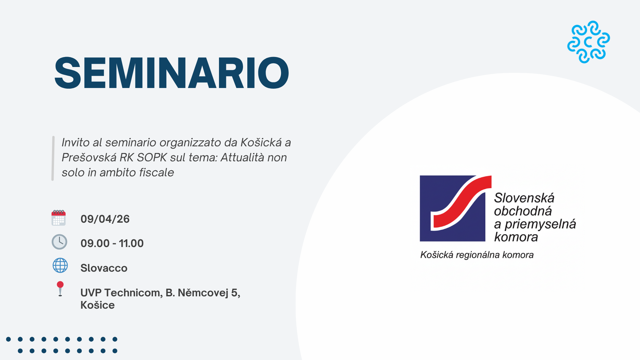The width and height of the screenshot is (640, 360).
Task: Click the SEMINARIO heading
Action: click(172, 73)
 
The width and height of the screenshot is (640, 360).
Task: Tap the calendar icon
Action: click(59, 218)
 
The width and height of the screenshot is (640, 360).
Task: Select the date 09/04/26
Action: click(105, 219)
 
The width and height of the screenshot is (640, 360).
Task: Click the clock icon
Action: click(59, 242)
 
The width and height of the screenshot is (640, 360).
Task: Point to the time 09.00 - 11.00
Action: click(112, 243)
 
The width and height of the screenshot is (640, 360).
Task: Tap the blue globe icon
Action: click(60, 266)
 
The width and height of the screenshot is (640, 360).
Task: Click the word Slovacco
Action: click(104, 268)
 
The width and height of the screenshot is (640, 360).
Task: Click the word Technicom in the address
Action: click(133, 293)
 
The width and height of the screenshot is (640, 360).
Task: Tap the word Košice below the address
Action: click(97, 305)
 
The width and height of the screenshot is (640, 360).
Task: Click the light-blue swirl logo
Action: click(588, 42)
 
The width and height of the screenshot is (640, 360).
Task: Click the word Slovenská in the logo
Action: click(524, 198)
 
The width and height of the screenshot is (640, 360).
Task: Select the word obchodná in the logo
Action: click(523, 211)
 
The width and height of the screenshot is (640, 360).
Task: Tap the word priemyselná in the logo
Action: click(540, 224)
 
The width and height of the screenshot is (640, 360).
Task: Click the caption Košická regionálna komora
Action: click(477, 255)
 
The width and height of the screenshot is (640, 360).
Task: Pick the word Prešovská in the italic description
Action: click(89, 157)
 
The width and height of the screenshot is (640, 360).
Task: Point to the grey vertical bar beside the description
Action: click(53, 158)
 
